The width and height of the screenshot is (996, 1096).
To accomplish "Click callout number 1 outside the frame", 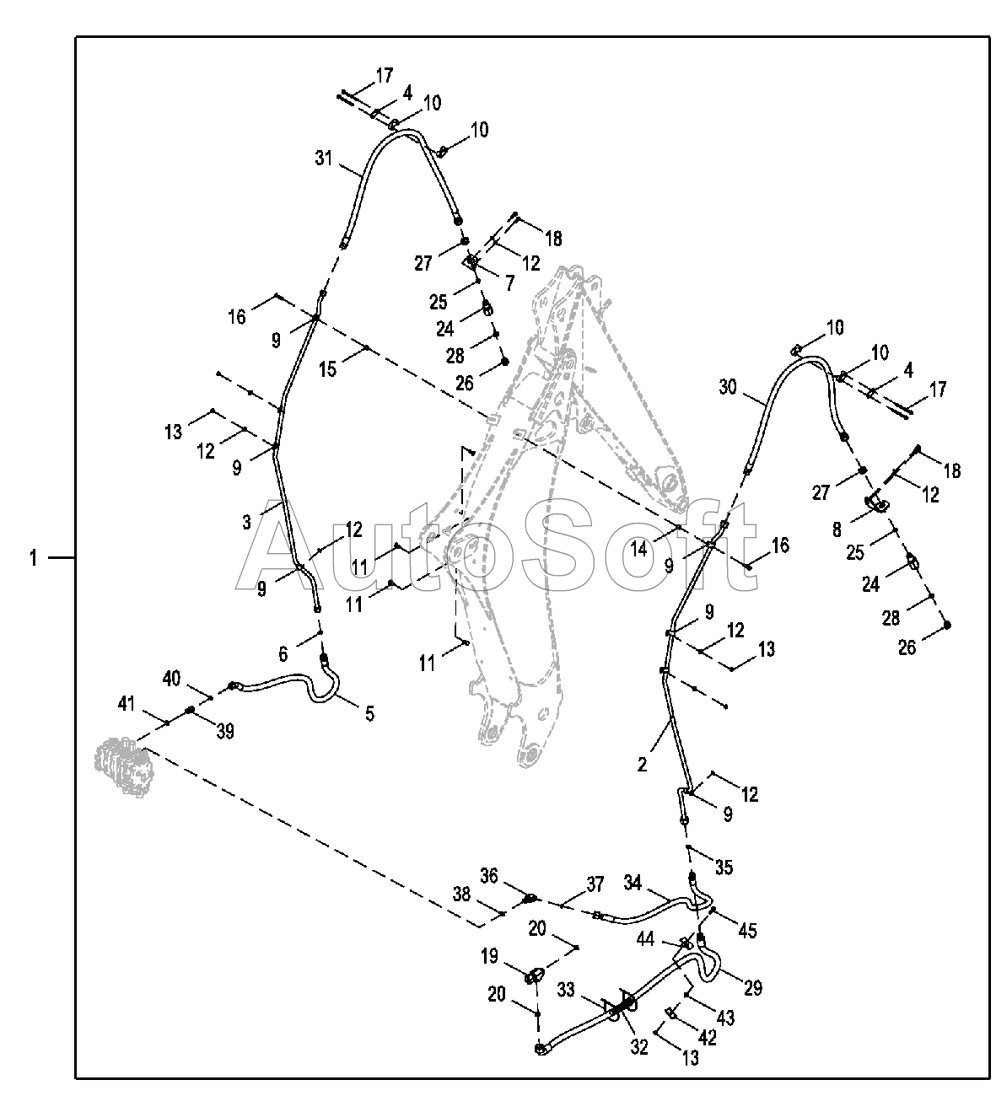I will [x=34, y=558].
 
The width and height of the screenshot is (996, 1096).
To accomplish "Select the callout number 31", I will [x=325, y=158].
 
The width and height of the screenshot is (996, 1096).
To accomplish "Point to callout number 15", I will [x=328, y=368].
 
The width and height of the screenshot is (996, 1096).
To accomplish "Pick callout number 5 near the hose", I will [x=369, y=713].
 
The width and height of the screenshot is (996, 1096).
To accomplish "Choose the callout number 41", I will [x=127, y=702].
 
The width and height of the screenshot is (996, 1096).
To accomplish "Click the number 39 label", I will [x=224, y=731].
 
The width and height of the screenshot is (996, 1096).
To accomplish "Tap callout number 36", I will [x=490, y=876].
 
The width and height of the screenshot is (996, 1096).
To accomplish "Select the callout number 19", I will [x=490, y=957].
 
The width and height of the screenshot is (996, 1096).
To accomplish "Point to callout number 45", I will [x=748, y=931].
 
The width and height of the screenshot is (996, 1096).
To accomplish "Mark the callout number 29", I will [x=753, y=987].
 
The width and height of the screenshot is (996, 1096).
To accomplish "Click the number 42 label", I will [x=708, y=1039].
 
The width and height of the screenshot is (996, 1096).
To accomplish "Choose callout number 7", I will [x=509, y=282].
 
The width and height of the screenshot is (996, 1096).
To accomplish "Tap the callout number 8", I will [x=837, y=529].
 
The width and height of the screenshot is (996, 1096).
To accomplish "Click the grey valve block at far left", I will [x=124, y=766].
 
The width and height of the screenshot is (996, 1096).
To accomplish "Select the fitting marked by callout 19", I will [x=535, y=976].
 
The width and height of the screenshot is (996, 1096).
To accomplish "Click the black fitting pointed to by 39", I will [x=191, y=710].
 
